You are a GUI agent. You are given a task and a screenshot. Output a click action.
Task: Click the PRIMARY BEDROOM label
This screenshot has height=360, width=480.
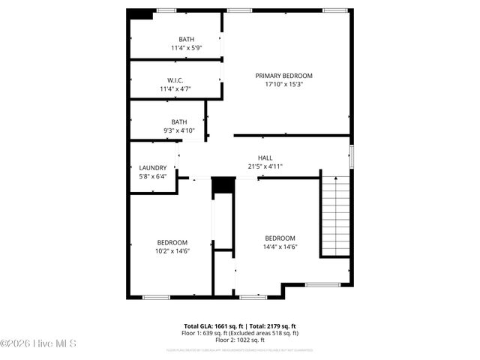[283, 76]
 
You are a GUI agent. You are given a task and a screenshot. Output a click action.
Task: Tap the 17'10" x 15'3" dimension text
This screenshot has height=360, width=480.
[283, 85]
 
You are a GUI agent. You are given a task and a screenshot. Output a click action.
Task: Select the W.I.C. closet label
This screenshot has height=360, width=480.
[175, 80]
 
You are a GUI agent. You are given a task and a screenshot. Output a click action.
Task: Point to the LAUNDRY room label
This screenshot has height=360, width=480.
[153, 168]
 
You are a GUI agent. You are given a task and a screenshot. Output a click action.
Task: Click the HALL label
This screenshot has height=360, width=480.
[265, 157]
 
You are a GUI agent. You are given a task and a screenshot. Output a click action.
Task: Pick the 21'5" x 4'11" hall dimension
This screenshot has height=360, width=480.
[265, 166]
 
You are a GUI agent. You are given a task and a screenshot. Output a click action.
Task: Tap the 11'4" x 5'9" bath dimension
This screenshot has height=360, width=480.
[185, 48]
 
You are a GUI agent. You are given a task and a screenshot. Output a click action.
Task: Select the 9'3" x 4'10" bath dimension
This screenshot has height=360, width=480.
[179, 130]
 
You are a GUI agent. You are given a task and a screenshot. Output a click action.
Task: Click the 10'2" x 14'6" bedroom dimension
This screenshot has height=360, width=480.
[172, 251]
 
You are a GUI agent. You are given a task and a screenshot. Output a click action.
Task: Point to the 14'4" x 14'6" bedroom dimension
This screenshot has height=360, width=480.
[280, 247]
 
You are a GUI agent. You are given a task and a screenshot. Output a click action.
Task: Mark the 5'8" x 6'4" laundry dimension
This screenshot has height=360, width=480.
[153, 177]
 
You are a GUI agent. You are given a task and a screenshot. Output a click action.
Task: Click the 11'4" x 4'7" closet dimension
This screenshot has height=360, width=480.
[175, 89]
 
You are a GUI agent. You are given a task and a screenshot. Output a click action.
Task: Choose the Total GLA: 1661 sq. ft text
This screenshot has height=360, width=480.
[209, 326]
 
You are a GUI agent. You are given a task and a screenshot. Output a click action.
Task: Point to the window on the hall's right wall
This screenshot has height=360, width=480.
[350, 157]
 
